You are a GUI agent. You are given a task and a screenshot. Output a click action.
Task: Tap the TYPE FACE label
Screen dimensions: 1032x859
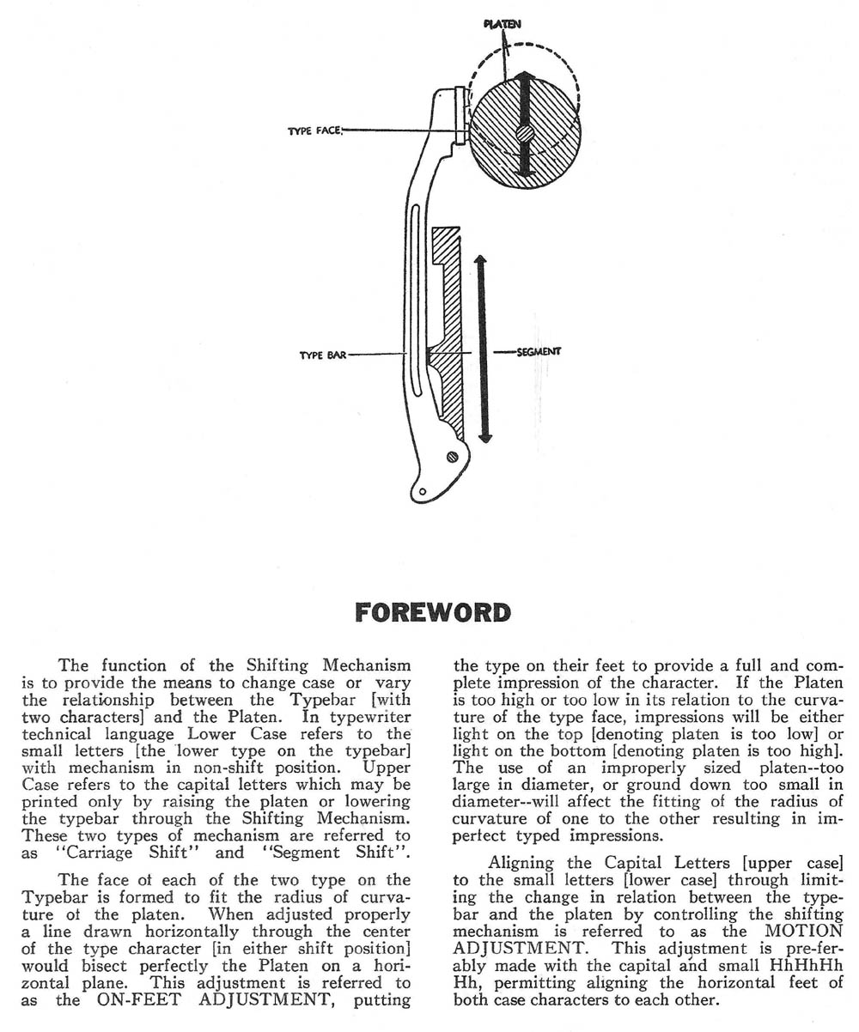314,131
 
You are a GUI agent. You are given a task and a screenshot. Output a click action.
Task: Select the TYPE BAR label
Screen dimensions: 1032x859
323,354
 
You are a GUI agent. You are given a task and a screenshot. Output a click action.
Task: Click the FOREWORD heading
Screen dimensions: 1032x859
432,613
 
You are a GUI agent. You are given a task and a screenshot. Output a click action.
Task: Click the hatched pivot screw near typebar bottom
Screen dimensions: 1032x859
452,458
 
